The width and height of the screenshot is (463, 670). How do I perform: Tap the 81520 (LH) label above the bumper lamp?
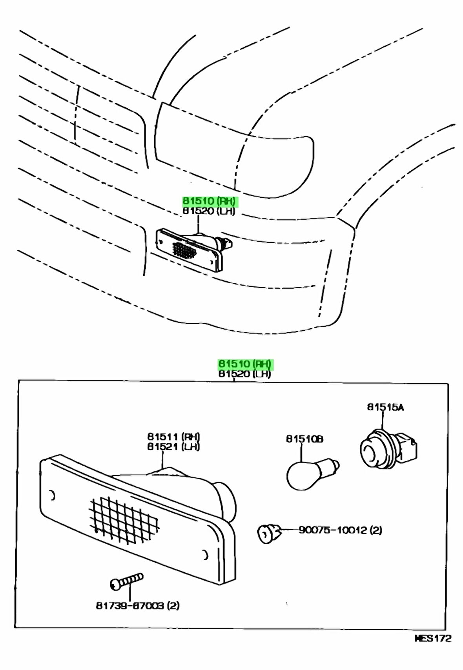[209, 211]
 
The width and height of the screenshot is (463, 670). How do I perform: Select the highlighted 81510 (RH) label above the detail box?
[245, 364]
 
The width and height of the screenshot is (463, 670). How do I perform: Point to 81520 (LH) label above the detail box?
[245, 374]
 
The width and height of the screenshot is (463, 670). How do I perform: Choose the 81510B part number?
[304, 439]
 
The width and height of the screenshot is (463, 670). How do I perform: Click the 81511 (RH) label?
[173, 437]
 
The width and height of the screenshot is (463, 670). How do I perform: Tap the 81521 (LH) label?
[173, 446]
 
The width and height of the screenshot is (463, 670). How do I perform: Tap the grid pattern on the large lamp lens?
[124, 521]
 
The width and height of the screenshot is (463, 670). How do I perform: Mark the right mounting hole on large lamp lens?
[205, 555]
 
